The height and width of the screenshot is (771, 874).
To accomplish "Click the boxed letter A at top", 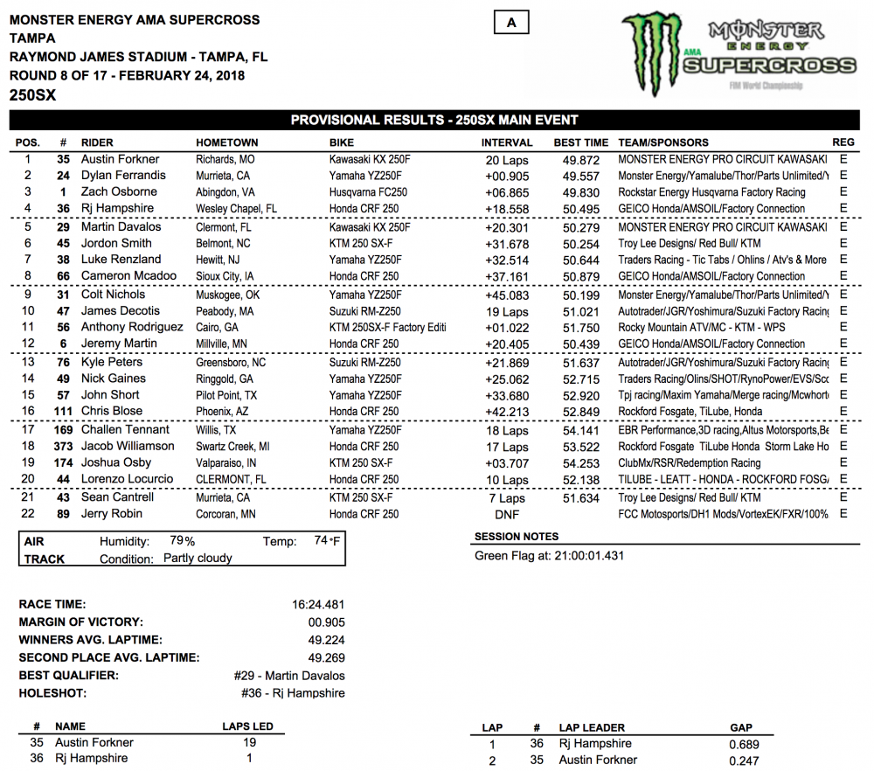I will (x=511, y=24).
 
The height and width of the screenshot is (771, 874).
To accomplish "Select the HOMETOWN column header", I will (x=226, y=142).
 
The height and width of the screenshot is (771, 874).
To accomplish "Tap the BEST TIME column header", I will (x=580, y=142).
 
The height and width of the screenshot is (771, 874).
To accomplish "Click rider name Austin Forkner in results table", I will (x=120, y=159).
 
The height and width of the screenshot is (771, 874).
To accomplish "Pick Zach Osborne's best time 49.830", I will (x=580, y=192).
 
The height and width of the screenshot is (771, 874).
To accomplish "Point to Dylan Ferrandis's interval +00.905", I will (x=507, y=176).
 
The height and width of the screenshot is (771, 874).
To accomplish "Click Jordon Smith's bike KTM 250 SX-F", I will (x=361, y=244).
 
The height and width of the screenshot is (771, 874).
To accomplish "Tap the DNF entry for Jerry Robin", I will (x=507, y=514).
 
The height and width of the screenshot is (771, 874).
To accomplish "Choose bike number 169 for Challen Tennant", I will (x=63, y=430).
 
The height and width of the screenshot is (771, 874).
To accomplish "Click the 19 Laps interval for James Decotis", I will (x=507, y=311).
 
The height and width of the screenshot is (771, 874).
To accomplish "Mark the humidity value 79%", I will (x=183, y=542).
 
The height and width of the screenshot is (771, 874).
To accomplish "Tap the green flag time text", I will (x=550, y=556).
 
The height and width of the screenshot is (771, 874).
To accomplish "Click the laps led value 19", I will (x=249, y=742).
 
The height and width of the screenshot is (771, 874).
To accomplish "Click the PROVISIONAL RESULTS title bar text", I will (x=434, y=120).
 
